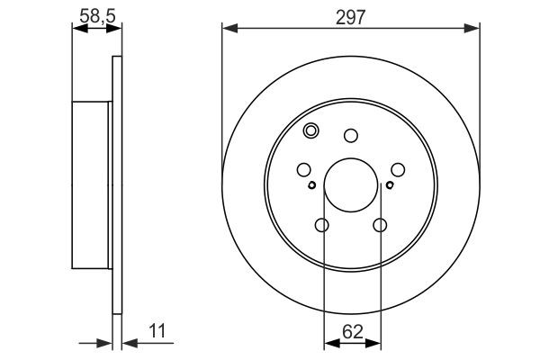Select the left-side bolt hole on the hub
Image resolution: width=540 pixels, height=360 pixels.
coord(303,169)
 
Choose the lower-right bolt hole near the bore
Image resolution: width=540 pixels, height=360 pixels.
coord(381,227)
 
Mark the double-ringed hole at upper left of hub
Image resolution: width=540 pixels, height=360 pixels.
coord(311,130)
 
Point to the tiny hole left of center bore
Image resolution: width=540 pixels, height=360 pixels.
coord(311,186)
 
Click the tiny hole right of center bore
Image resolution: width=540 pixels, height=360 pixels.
coord(390,186)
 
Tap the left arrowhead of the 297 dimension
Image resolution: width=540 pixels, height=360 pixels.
coord(228,30)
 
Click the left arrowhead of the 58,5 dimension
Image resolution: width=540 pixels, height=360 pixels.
coord(76,30)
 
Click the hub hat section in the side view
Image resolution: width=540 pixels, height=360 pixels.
coord(92,184)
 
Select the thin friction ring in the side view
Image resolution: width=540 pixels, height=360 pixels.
coord(116,184)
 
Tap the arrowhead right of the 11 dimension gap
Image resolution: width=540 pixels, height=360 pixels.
coord(127,342)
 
